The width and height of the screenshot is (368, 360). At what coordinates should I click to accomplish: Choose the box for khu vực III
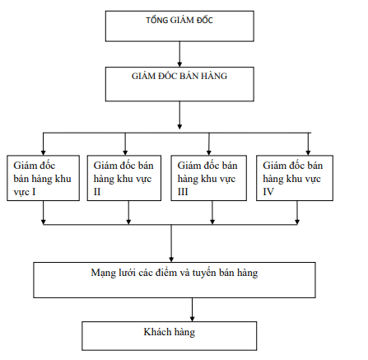[x=209, y=176]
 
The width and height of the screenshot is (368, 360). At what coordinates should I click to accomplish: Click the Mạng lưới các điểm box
[x=174, y=279]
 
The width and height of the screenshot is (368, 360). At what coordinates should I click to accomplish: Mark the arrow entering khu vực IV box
[x=308, y=145]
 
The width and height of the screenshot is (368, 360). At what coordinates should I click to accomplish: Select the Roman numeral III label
[x=184, y=190]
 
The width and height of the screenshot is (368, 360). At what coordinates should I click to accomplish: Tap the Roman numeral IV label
[x=267, y=190]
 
